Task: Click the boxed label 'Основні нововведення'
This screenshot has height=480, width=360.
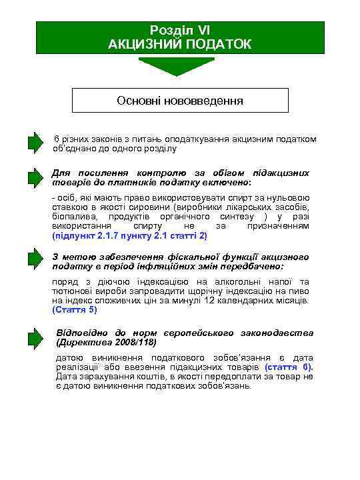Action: tap(180, 101)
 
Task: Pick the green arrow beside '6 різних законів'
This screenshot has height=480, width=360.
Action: tap(35, 143)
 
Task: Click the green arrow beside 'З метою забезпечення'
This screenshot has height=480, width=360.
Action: tap(35, 262)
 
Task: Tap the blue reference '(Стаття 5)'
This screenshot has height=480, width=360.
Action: tap(75, 310)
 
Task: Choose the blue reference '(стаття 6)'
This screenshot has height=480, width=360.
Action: tap(288, 367)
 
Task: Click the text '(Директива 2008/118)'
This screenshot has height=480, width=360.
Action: tap(107, 343)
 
